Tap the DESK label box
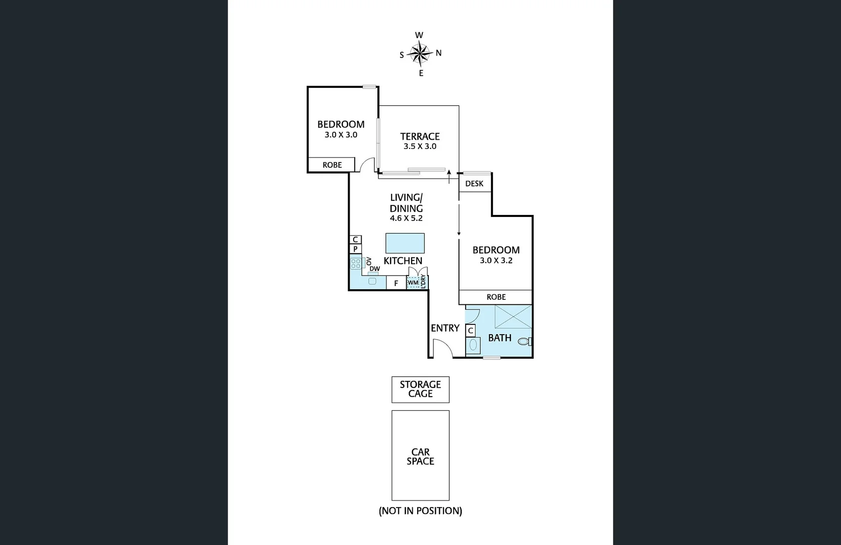[474, 184]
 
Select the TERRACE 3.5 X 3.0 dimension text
[420, 146]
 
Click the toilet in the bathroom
[525, 342]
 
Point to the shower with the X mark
[513, 317]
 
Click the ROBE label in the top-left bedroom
[332, 165]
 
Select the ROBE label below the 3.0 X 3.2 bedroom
[496, 297]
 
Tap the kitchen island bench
[405, 243]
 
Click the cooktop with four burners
[356, 263]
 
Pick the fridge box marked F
[396, 283]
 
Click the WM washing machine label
[413, 283]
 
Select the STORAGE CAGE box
[420, 389]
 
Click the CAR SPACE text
[420, 456]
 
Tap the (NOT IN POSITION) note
[420, 511]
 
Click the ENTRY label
[445, 328]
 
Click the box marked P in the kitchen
[355, 249]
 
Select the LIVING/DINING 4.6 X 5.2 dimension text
[406, 219]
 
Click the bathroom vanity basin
[473, 345]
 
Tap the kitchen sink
[372, 281]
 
